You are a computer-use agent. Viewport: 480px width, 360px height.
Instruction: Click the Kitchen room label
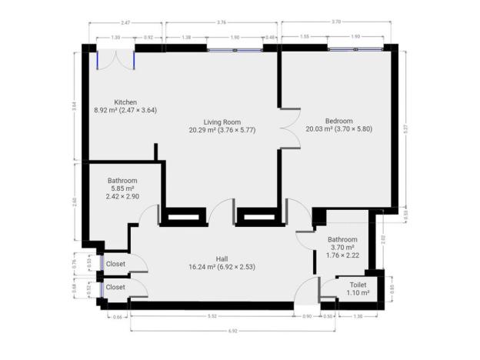click(x=125, y=102)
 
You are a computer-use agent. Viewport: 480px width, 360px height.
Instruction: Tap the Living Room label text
click(x=223, y=122)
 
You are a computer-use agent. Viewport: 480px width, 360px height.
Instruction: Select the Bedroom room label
click(x=338, y=121)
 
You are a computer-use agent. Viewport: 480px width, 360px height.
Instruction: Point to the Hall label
click(x=222, y=258)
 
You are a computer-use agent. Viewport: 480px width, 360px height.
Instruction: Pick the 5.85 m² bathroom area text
click(x=122, y=189)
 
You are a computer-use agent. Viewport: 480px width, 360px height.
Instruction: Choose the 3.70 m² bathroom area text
click(x=342, y=248)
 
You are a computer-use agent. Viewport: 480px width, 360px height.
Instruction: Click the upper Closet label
click(x=116, y=264)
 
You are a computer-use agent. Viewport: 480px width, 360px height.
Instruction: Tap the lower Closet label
click(x=116, y=287)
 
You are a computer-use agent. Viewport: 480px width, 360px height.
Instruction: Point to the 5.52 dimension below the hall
click(x=212, y=316)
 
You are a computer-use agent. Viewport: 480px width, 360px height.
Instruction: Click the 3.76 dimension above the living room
click(x=222, y=23)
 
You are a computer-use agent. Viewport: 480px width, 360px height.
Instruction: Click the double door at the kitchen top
click(x=116, y=59)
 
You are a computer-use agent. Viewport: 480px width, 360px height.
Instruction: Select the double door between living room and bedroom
click(x=288, y=128)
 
